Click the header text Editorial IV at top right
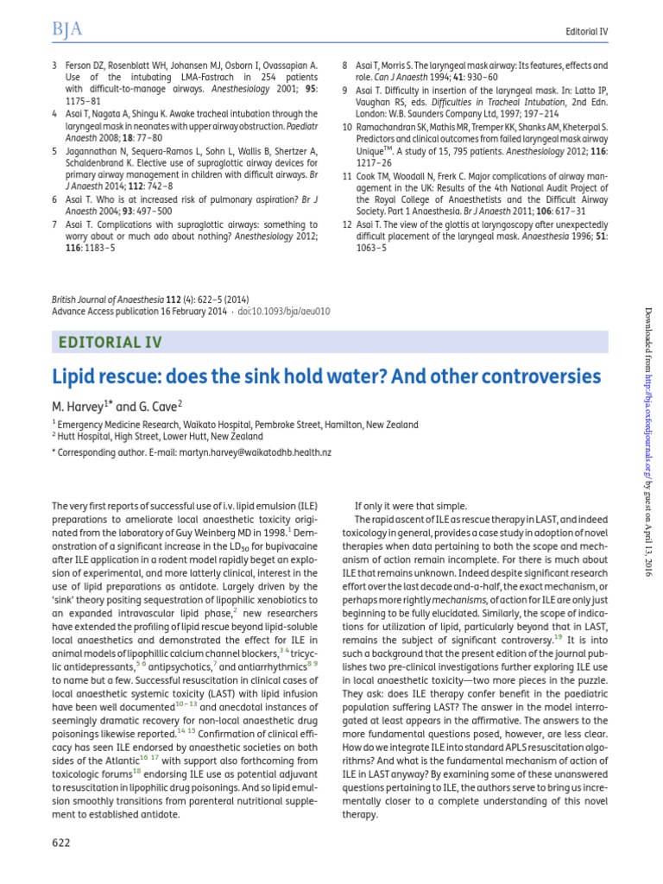(585, 32)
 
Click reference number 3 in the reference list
(55, 66)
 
